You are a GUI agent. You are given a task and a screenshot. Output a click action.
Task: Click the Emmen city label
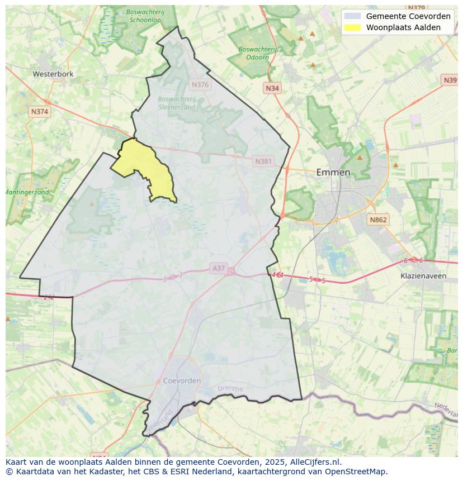pyautogui.click(x=333, y=172)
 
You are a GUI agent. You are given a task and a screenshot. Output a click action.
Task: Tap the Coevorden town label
pyautogui.click(x=182, y=380)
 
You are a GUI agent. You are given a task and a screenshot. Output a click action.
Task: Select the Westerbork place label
pyautogui.click(x=53, y=74)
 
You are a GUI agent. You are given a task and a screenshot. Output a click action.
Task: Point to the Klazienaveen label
pyautogui.click(x=423, y=276)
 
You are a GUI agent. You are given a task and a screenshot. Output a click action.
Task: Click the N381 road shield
pyautogui.click(x=263, y=161)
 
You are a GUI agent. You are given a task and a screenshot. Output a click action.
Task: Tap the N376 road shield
pyautogui.click(x=200, y=85)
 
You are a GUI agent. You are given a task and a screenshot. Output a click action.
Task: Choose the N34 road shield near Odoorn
pyautogui.click(x=272, y=88)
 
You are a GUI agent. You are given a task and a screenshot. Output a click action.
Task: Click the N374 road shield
pyautogui.click(x=40, y=112)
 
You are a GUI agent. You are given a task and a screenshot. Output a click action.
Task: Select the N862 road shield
pyautogui.click(x=377, y=220)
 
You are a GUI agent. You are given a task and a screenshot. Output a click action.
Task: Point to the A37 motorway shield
pyautogui.click(x=218, y=269)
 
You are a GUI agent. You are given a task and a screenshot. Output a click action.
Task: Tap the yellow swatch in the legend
pyautogui.click(x=352, y=27)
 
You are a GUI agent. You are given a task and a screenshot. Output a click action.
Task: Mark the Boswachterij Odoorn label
pyautogui.click(x=257, y=53)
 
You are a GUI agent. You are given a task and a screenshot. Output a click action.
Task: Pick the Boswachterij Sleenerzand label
pyautogui.click(x=177, y=103)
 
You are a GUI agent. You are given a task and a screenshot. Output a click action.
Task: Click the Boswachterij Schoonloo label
pyautogui.click(x=144, y=15)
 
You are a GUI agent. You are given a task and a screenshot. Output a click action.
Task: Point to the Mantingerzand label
pyautogui.click(x=27, y=192)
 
